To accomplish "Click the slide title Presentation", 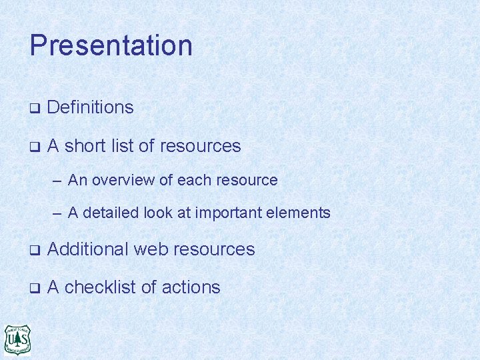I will pos(111,46).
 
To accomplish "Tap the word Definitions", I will pos(91,107).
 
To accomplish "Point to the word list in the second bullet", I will pos(124,146).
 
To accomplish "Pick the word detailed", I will pos(109,213).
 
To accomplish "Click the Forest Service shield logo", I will pos(17,339).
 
